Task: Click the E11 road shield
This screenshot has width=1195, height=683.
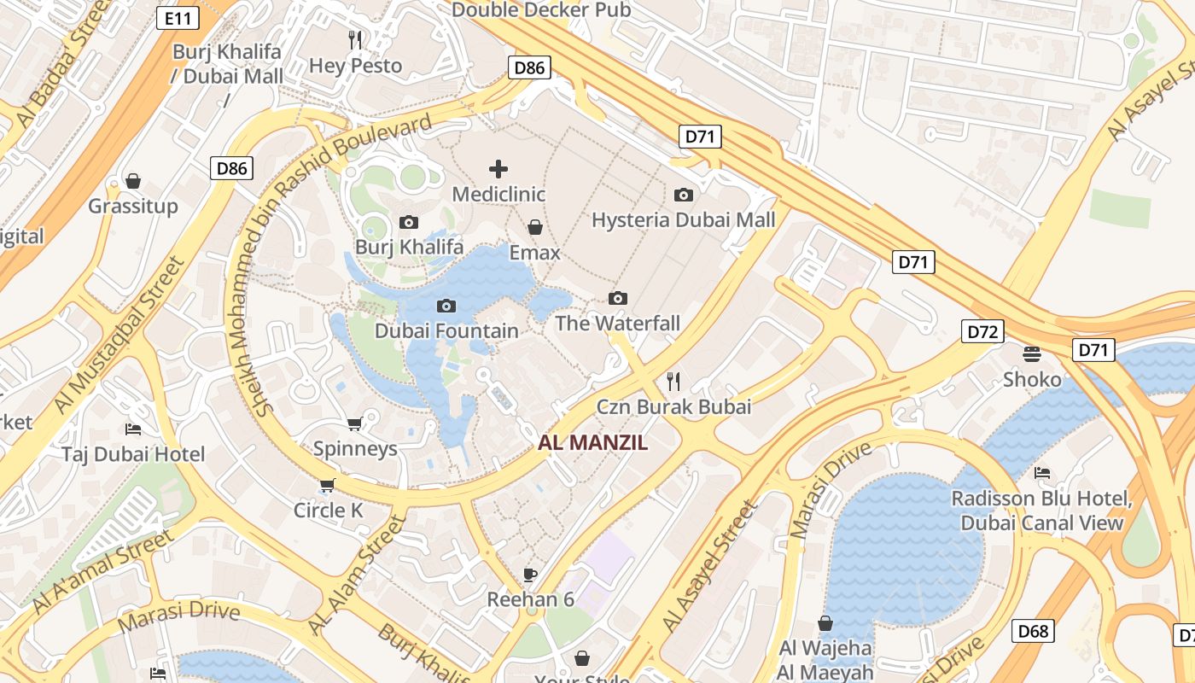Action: [x=178, y=17]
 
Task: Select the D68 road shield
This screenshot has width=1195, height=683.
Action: [x=1033, y=631]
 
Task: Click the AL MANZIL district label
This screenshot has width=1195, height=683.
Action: [x=593, y=443]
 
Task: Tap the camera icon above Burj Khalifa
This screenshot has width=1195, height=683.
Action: [x=409, y=223]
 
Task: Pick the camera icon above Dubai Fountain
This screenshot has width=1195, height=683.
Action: [x=446, y=306]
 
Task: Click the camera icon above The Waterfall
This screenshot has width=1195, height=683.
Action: [x=618, y=298]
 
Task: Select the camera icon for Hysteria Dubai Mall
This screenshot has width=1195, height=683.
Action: [x=683, y=195]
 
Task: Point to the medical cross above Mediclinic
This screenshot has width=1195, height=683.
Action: [x=498, y=169]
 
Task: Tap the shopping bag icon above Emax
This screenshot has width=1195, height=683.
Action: [x=535, y=227]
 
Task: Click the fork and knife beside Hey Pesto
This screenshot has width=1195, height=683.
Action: [x=356, y=39]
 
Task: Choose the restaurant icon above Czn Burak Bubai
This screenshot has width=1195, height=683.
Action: [x=673, y=381]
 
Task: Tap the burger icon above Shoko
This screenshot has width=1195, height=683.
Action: [x=1032, y=353]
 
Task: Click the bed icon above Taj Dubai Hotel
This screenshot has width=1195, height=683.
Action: [x=133, y=429]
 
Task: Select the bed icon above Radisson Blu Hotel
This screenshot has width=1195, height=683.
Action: [x=1041, y=472]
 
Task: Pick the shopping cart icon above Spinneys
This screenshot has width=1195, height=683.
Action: [x=355, y=423]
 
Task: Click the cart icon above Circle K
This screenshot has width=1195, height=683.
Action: [x=327, y=486]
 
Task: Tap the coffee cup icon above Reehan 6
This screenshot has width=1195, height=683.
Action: [x=530, y=574]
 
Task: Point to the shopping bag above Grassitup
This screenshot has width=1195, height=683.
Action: [x=133, y=181]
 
